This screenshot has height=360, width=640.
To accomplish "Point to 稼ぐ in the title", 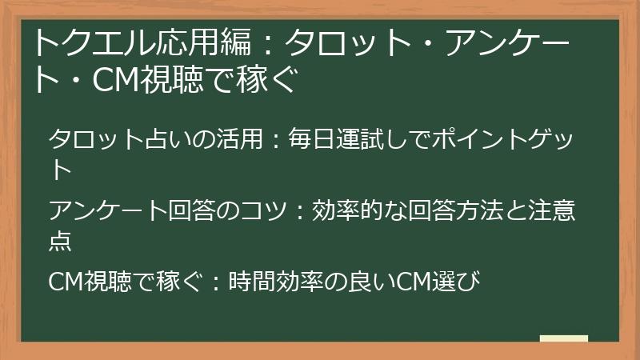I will pos(268,80).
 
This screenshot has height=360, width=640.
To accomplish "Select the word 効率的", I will pos(346,211).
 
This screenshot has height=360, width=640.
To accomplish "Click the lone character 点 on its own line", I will pos(61,240).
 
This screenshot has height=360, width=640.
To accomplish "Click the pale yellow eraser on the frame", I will pos(564,338).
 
